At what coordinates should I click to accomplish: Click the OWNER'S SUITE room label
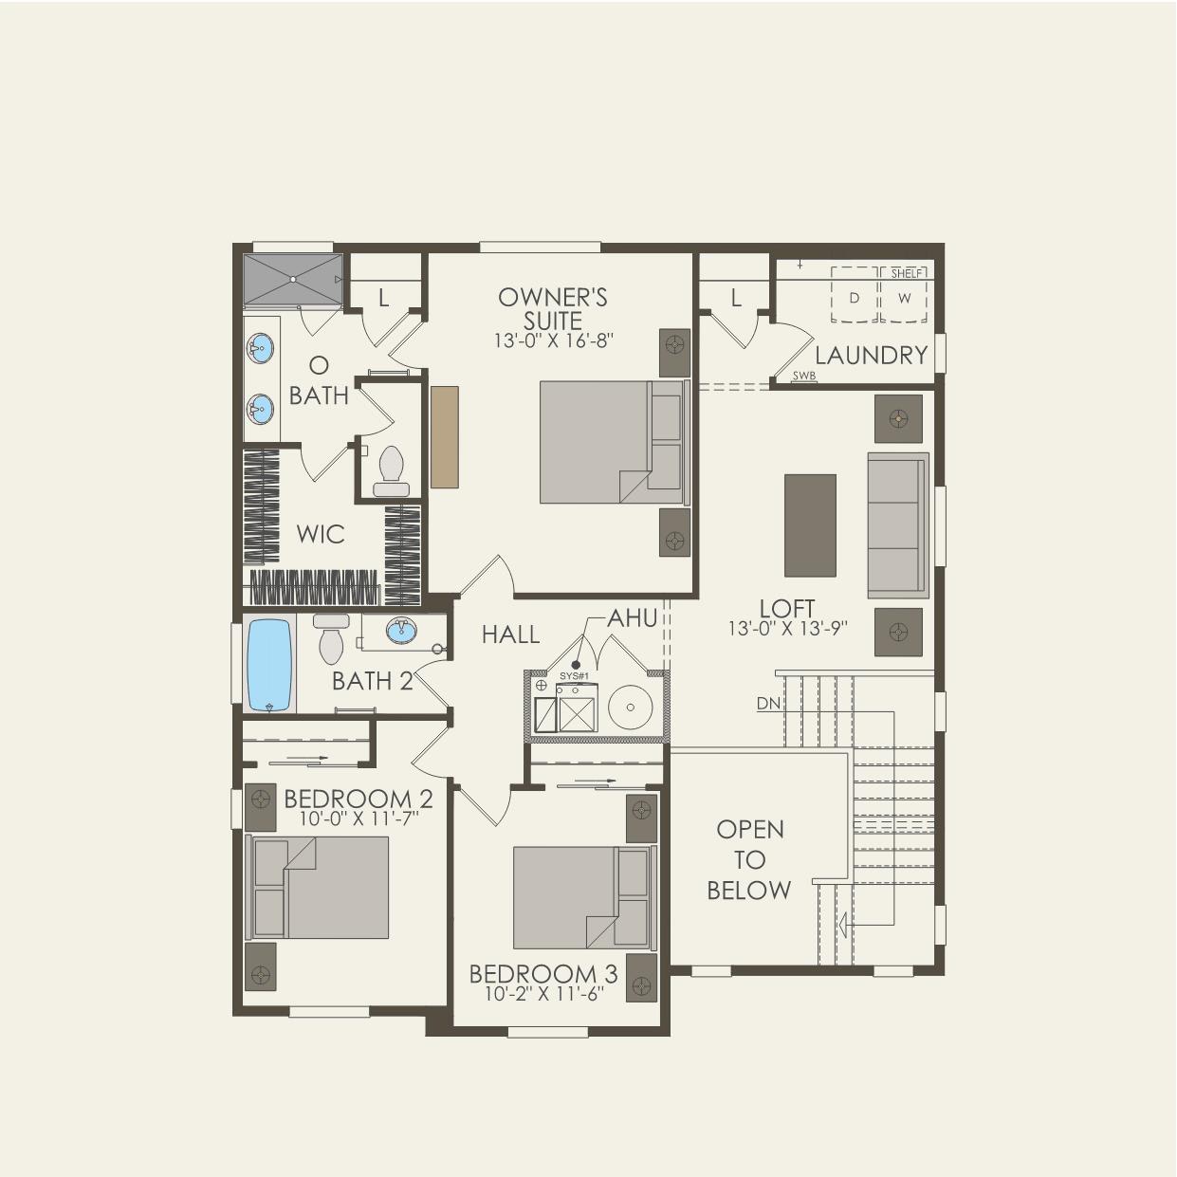tap(553, 308)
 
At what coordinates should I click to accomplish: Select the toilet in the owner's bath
tap(391, 470)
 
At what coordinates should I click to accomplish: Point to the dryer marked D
tap(855, 298)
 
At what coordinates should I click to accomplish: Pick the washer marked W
tap(904, 298)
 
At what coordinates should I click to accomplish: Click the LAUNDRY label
tap(871, 356)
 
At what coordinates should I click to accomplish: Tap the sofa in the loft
tap(896, 524)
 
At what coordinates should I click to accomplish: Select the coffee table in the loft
tap(810, 524)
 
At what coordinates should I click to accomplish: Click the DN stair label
tap(767, 704)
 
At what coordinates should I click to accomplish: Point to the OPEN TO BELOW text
tap(749, 859)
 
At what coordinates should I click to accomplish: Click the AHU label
tap(633, 618)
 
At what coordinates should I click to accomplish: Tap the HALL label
tap(510, 634)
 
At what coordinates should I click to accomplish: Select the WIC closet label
tap(320, 534)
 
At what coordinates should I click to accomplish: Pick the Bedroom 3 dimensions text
tap(543, 994)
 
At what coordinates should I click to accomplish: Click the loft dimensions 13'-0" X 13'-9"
tap(787, 628)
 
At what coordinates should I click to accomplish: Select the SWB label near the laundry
tap(804, 377)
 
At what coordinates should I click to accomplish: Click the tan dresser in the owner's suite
tap(444, 436)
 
